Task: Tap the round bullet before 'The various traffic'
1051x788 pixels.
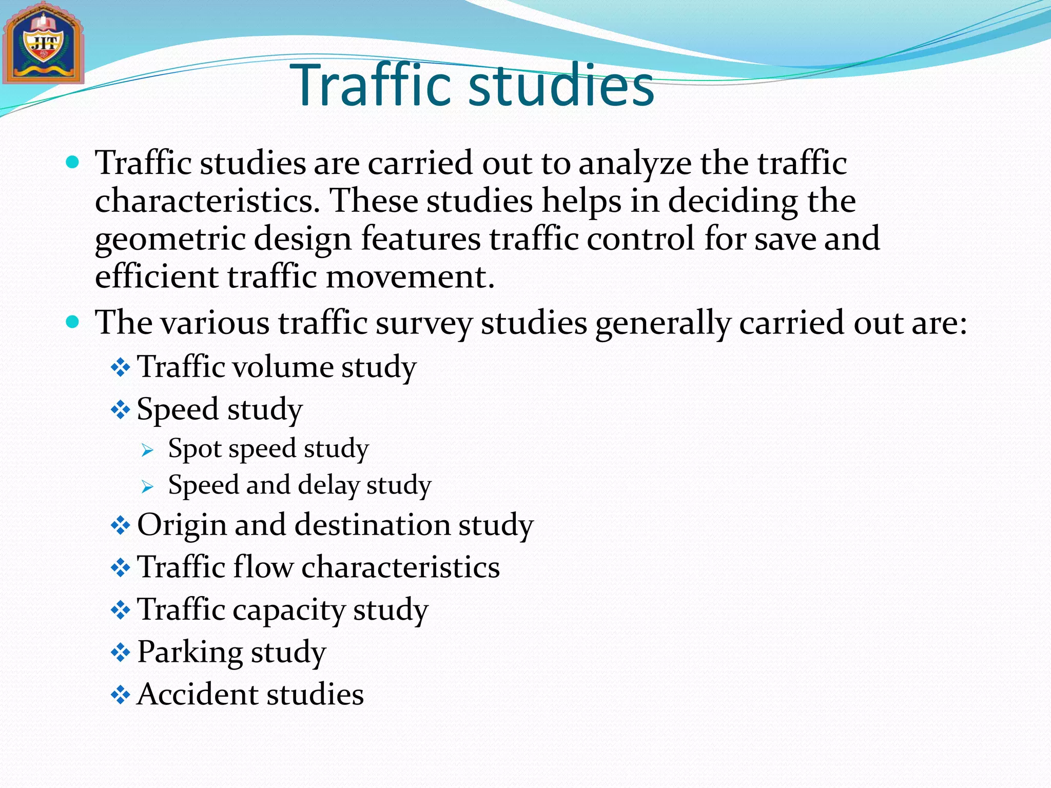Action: pos(73,322)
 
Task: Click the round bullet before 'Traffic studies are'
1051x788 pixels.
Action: pos(73,163)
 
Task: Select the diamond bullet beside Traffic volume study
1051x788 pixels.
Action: pos(121,367)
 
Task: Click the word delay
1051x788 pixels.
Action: pos(328,486)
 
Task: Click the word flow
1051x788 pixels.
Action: pos(263,567)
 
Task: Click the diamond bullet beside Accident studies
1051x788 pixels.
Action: pos(121,695)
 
